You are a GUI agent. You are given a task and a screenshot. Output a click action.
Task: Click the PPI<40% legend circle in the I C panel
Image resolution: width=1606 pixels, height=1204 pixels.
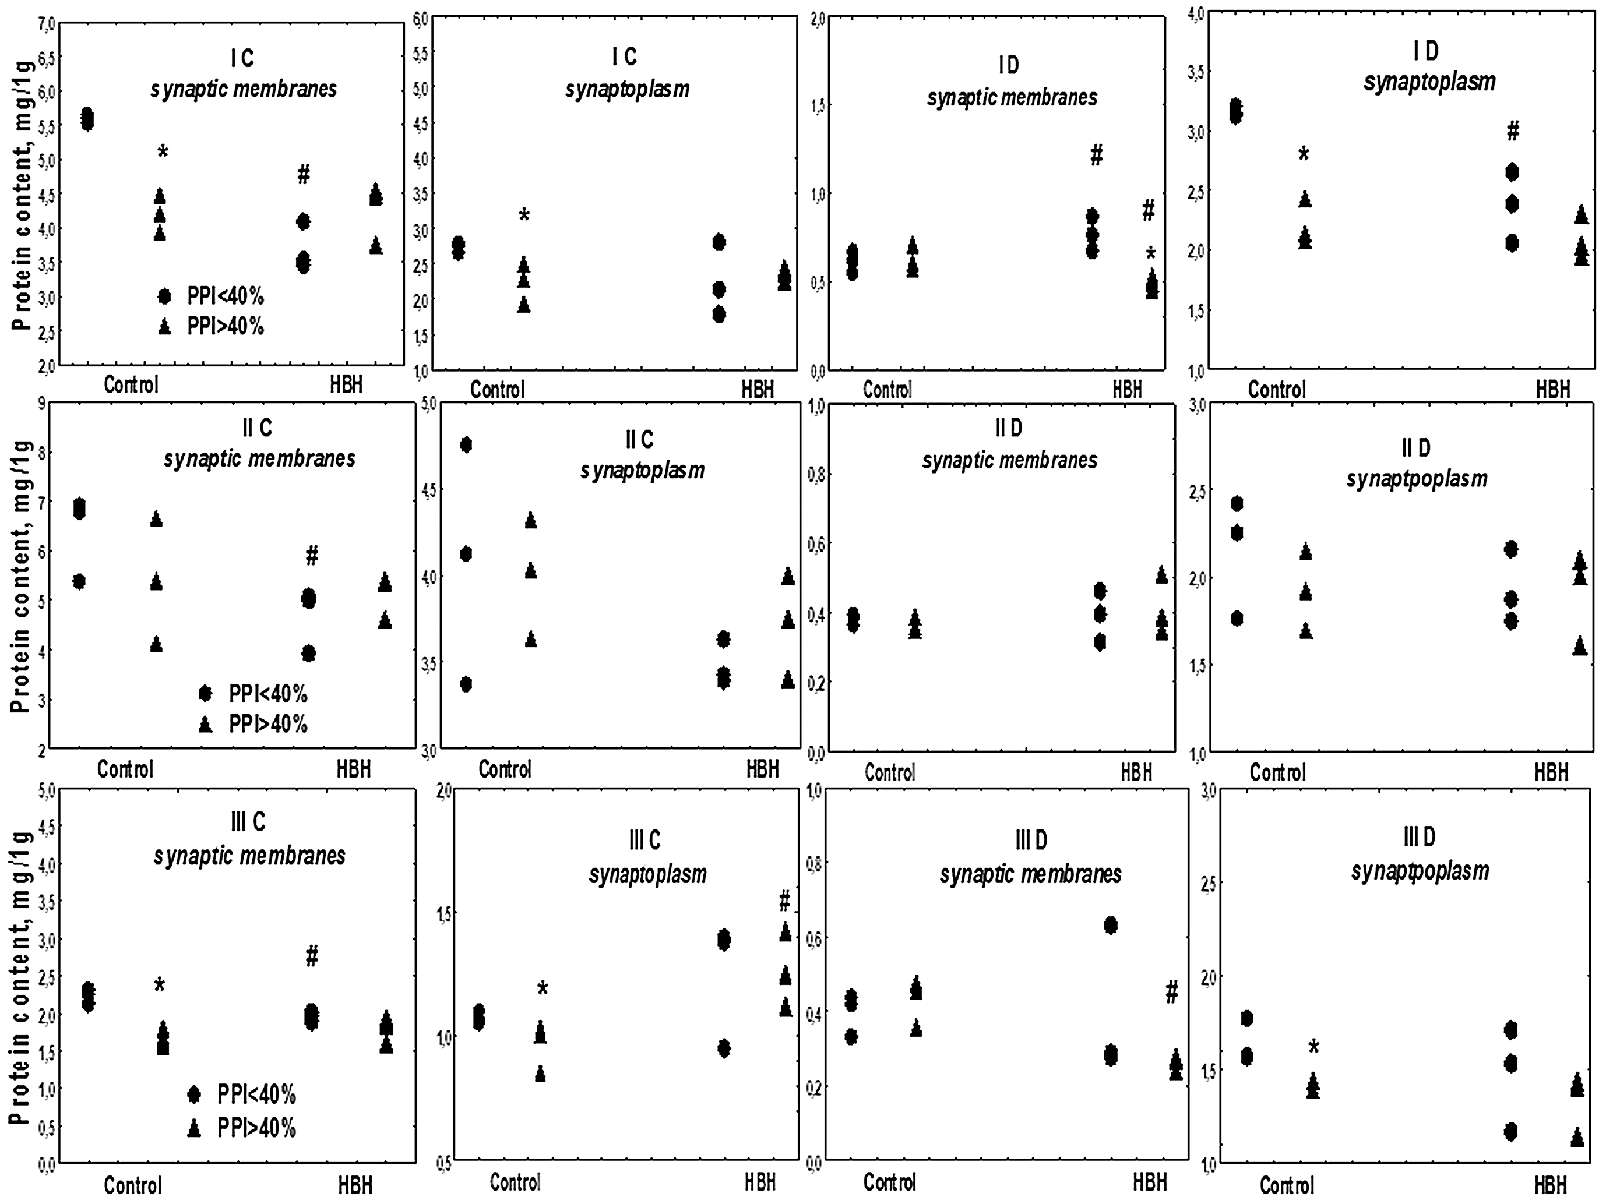tap(165, 296)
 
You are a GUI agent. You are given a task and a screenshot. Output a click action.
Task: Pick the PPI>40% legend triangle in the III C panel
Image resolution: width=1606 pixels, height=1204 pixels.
tap(194, 1128)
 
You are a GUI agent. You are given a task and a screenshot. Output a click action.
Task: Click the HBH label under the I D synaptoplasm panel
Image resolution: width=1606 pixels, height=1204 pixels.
tap(1552, 390)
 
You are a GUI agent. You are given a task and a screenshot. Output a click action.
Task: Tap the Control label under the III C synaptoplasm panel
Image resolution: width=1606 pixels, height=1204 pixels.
tap(516, 1182)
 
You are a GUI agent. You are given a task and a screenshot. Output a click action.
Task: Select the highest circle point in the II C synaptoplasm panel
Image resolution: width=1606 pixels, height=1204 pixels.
tap(466, 445)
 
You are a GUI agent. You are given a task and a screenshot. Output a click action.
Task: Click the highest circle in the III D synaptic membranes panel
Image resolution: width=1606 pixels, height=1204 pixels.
tap(1110, 926)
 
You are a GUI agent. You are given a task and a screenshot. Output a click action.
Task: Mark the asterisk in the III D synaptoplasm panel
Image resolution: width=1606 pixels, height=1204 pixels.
tap(1314, 1047)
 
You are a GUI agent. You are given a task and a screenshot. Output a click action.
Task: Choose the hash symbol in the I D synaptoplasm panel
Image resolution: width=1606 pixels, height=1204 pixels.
tap(1513, 132)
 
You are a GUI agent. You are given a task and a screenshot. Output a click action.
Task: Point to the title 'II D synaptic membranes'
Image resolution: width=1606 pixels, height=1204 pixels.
tap(1009, 444)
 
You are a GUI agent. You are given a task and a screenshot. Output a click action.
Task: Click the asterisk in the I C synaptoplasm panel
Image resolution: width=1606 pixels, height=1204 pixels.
tap(524, 216)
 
